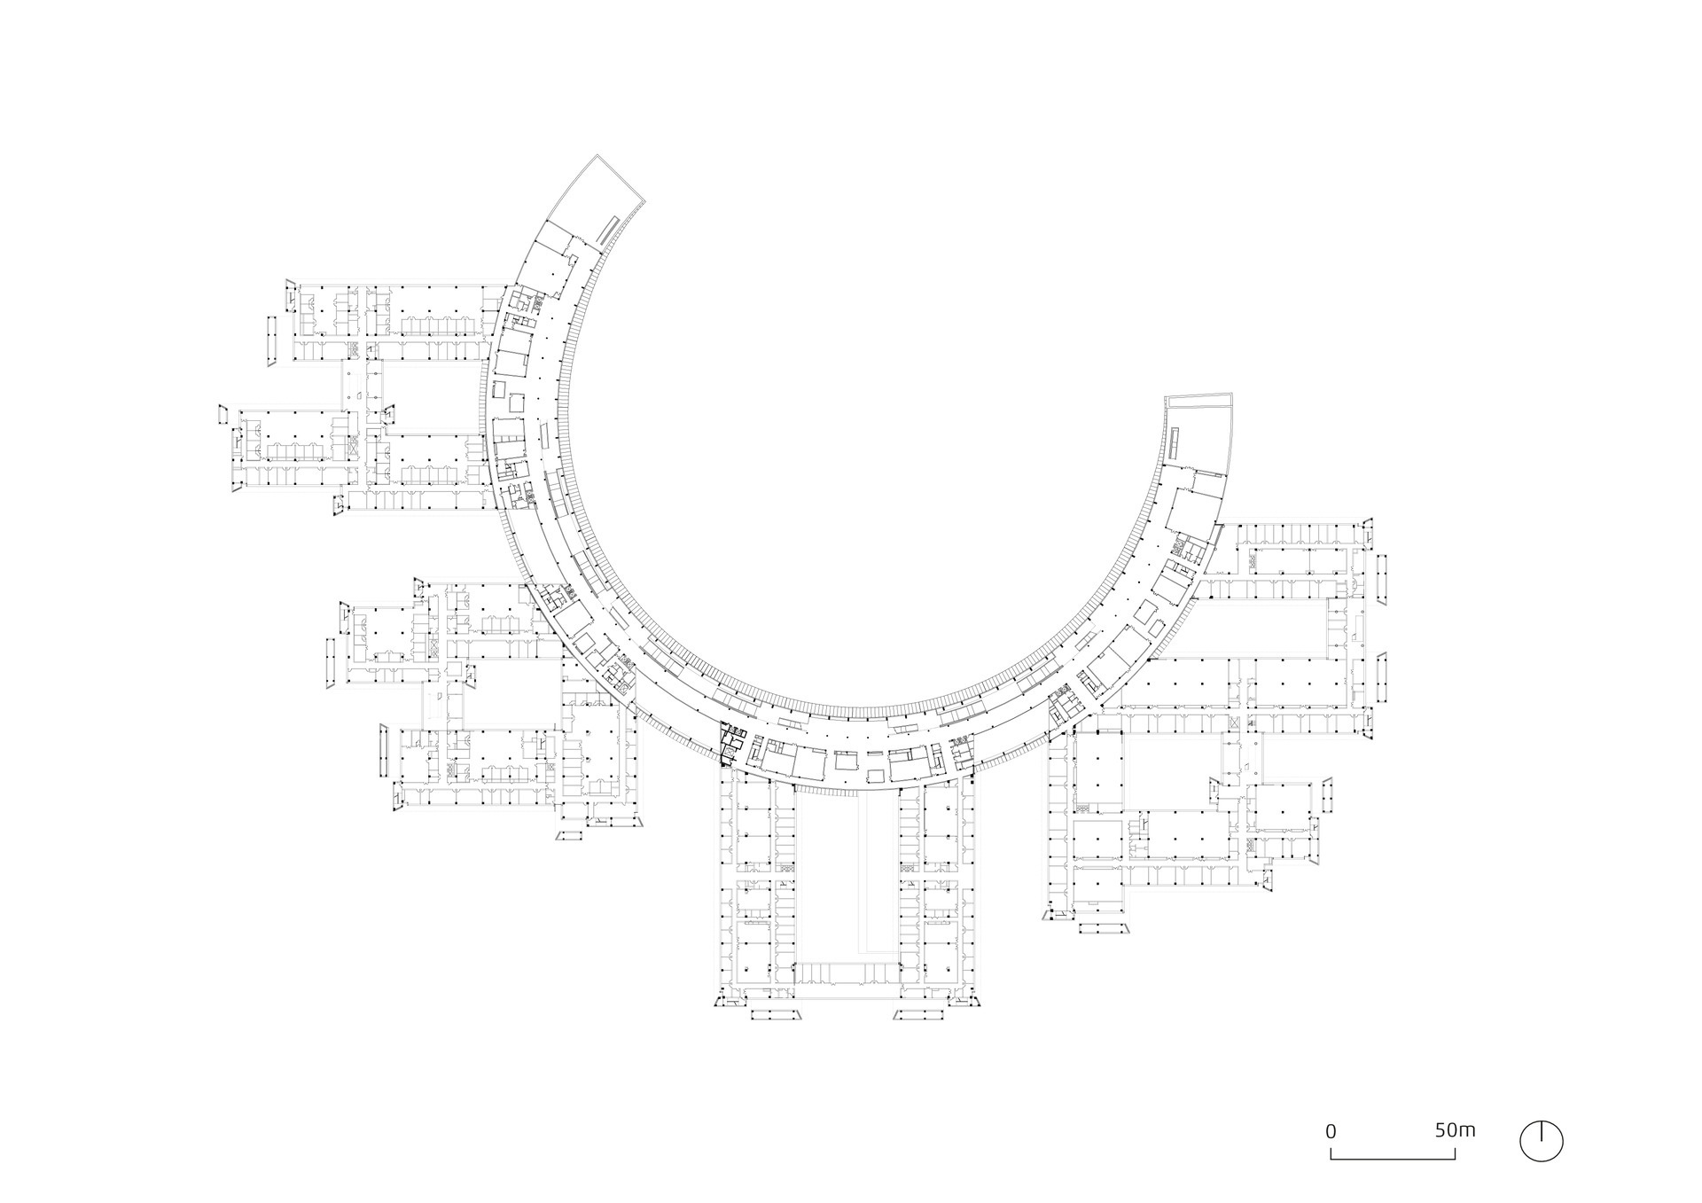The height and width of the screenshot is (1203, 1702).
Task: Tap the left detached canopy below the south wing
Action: [x=775, y=1016]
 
